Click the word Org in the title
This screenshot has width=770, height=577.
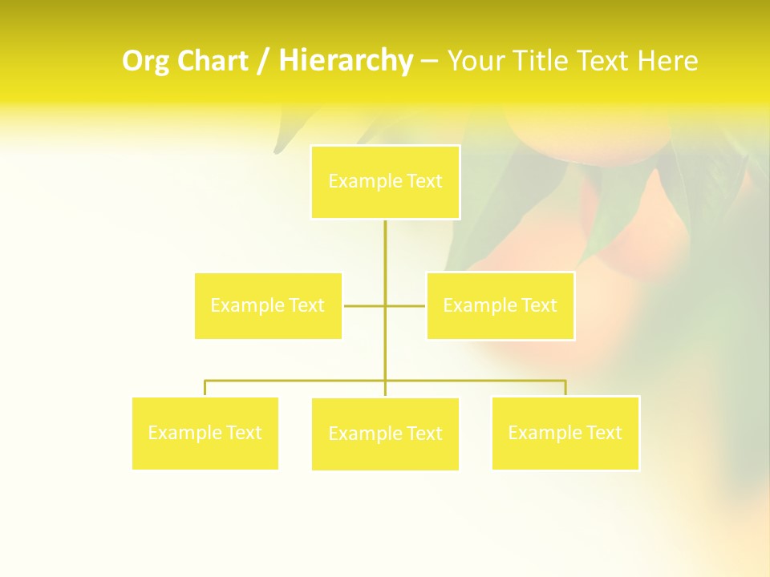(x=147, y=62)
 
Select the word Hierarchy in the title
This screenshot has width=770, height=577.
(x=346, y=61)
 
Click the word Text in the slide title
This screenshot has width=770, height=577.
(x=605, y=62)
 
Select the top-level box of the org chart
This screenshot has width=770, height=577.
(x=385, y=182)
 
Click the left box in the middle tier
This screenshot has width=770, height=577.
(x=268, y=305)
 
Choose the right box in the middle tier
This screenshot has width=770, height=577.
(x=500, y=305)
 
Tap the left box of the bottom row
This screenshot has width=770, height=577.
(x=205, y=434)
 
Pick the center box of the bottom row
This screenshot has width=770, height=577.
(x=385, y=434)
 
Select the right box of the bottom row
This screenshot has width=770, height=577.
(x=565, y=433)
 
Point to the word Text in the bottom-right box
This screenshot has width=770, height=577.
(x=604, y=433)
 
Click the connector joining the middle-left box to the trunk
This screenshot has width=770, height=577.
(x=363, y=305)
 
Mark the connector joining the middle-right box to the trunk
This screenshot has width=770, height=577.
(x=406, y=305)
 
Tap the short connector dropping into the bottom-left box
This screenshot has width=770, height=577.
(x=205, y=389)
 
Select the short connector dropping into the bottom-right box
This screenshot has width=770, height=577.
(x=565, y=388)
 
